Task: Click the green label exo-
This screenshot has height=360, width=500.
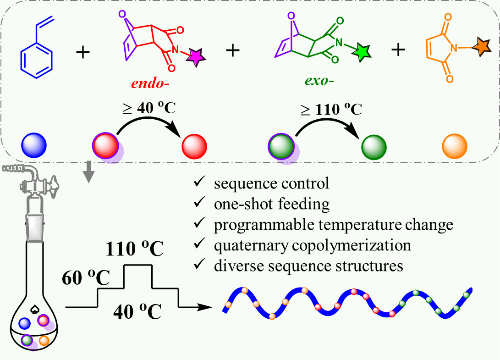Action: pos(319,83)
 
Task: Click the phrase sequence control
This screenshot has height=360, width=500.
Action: pos(271,184)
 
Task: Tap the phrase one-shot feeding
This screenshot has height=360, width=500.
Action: pos(272,205)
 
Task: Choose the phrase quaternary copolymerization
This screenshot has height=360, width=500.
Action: pos(313,245)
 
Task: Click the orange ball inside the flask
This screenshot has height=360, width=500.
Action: pos(44,340)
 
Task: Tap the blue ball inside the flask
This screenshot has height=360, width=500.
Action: pos(25,323)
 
